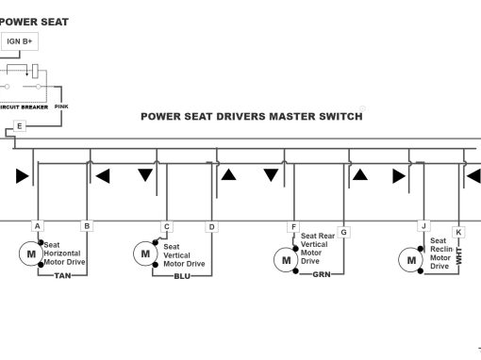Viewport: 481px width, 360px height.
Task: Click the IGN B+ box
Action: click(20, 41)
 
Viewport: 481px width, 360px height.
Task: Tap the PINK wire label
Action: click(61, 106)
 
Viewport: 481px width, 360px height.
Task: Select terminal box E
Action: click(20, 126)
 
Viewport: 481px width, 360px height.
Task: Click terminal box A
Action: click(38, 226)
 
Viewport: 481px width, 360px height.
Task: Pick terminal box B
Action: click(87, 226)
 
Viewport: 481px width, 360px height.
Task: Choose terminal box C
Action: click(167, 226)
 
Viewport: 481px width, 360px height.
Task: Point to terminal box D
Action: click(211, 227)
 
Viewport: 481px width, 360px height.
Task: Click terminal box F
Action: click(293, 227)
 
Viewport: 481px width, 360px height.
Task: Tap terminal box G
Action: click(343, 233)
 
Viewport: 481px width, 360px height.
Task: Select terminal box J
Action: click(423, 226)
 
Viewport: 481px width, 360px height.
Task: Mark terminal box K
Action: click(458, 233)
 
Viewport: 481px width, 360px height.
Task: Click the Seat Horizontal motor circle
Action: click(31, 254)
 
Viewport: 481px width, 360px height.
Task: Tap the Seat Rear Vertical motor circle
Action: click(286, 260)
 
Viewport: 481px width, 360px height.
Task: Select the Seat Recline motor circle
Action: click(411, 260)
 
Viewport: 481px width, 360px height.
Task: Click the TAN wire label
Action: click(62, 276)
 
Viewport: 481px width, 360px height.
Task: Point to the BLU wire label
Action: click(182, 276)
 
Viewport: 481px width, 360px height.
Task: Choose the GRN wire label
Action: click(322, 274)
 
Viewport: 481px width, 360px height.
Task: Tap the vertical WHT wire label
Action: click(459, 255)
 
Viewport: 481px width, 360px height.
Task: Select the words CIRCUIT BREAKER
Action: click(24, 107)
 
